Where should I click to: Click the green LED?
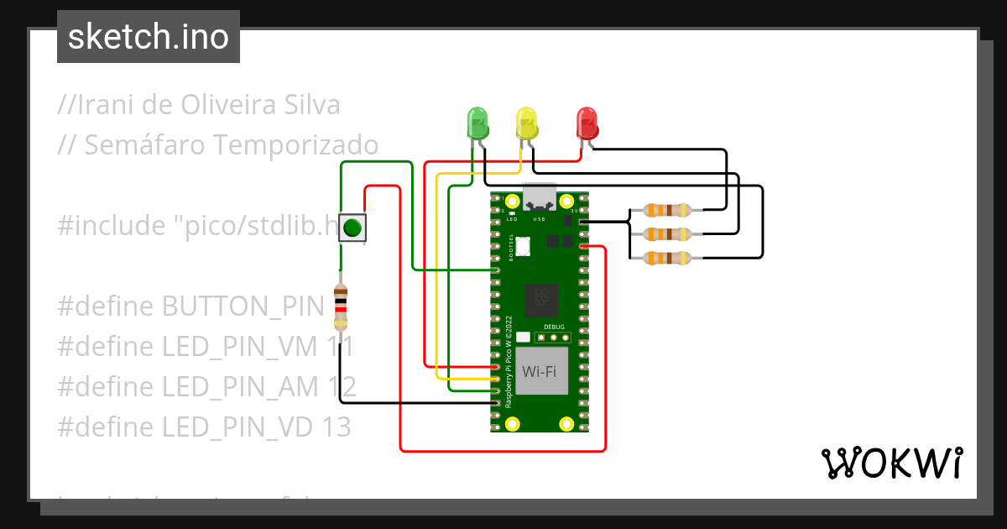pos(477,123)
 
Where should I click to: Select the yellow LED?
pos(526,123)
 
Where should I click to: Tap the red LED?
pos(587,123)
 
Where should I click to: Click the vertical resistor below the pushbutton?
pos(340,306)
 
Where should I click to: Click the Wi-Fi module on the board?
pos(539,371)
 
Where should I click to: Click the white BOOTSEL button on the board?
pos(524,247)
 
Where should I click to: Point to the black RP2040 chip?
pos(541,299)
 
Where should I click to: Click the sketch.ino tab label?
pos(149,37)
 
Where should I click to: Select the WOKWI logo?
pos(891,464)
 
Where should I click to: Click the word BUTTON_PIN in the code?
pos(243,306)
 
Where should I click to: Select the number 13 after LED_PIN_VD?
pos(335,427)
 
